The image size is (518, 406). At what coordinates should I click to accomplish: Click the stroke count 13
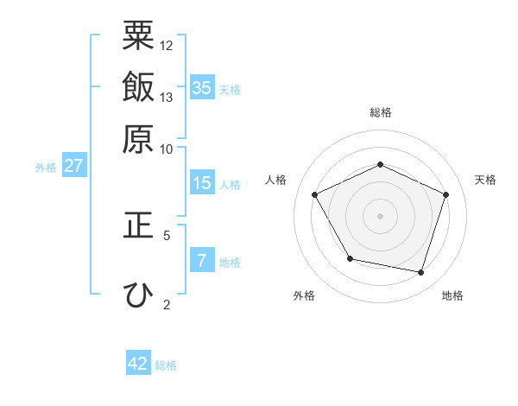[167, 97]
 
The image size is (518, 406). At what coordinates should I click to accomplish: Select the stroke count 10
[167, 149]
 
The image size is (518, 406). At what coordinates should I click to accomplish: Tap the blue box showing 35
[202, 87]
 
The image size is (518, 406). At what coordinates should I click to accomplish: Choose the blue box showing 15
[202, 183]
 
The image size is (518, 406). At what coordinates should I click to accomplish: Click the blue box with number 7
[202, 261]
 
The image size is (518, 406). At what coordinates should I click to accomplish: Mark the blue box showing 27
[73, 166]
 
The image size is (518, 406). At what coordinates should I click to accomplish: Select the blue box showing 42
[138, 364]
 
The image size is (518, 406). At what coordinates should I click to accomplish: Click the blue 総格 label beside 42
[166, 365]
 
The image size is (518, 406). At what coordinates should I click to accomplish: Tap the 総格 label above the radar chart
[381, 112]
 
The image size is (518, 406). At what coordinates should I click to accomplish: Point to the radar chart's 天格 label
[485, 180]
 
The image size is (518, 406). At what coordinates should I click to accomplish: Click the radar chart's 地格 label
[452, 295]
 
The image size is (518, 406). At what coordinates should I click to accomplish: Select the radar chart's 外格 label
[304, 295]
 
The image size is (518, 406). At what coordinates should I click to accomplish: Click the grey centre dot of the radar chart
[380, 215]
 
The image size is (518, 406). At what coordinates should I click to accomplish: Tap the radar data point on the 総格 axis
[380, 164]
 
